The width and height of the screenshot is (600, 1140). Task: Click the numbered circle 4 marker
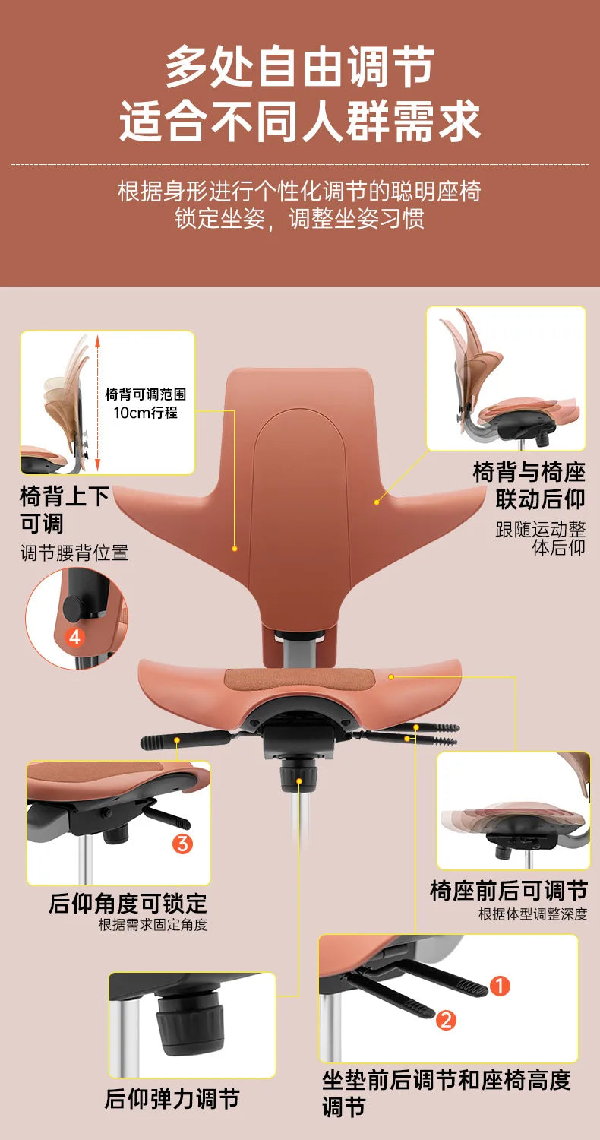coord(74,637)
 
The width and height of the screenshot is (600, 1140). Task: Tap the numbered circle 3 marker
coord(183,843)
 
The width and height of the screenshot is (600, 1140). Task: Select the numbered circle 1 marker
coord(499,986)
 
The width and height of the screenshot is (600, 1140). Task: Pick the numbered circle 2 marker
coord(446,1020)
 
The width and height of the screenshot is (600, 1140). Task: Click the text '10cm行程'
coord(145,413)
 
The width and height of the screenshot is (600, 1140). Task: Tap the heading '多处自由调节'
coord(300,67)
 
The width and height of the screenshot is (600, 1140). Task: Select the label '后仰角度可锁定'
coord(128,904)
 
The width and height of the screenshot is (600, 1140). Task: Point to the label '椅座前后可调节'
coord(509,890)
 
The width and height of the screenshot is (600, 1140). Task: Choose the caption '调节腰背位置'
coord(74,553)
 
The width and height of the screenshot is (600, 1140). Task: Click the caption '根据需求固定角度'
coord(153,925)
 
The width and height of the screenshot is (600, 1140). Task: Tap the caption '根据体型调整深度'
coord(533,914)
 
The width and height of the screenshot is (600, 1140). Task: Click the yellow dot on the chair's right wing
coord(376,502)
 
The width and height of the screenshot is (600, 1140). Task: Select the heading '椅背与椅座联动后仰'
coord(529,485)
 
